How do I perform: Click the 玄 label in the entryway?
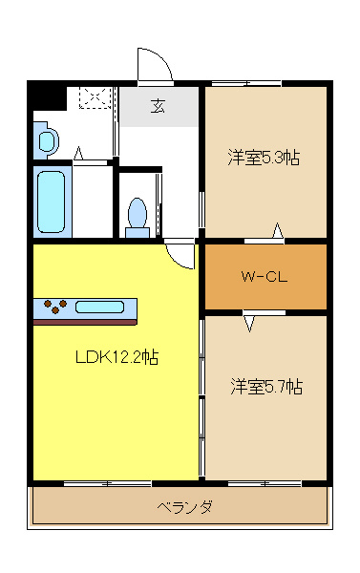click(158, 106)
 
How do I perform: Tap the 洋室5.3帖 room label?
click(264, 158)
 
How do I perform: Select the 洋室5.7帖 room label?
click(266, 387)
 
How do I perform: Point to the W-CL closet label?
click(264, 276)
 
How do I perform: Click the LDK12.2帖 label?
click(116, 356)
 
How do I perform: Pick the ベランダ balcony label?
click(184, 507)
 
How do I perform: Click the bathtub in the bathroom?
click(52, 202)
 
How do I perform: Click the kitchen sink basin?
click(99, 307)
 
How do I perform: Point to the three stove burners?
click(55, 307)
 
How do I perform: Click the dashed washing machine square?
click(95, 97)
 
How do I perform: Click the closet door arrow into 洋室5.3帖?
click(278, 230)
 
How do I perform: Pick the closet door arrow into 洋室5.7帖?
click(249, 323)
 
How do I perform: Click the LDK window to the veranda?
click(108, 484)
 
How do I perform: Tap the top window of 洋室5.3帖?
click(246, 83)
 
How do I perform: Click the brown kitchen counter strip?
click(85, 322)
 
